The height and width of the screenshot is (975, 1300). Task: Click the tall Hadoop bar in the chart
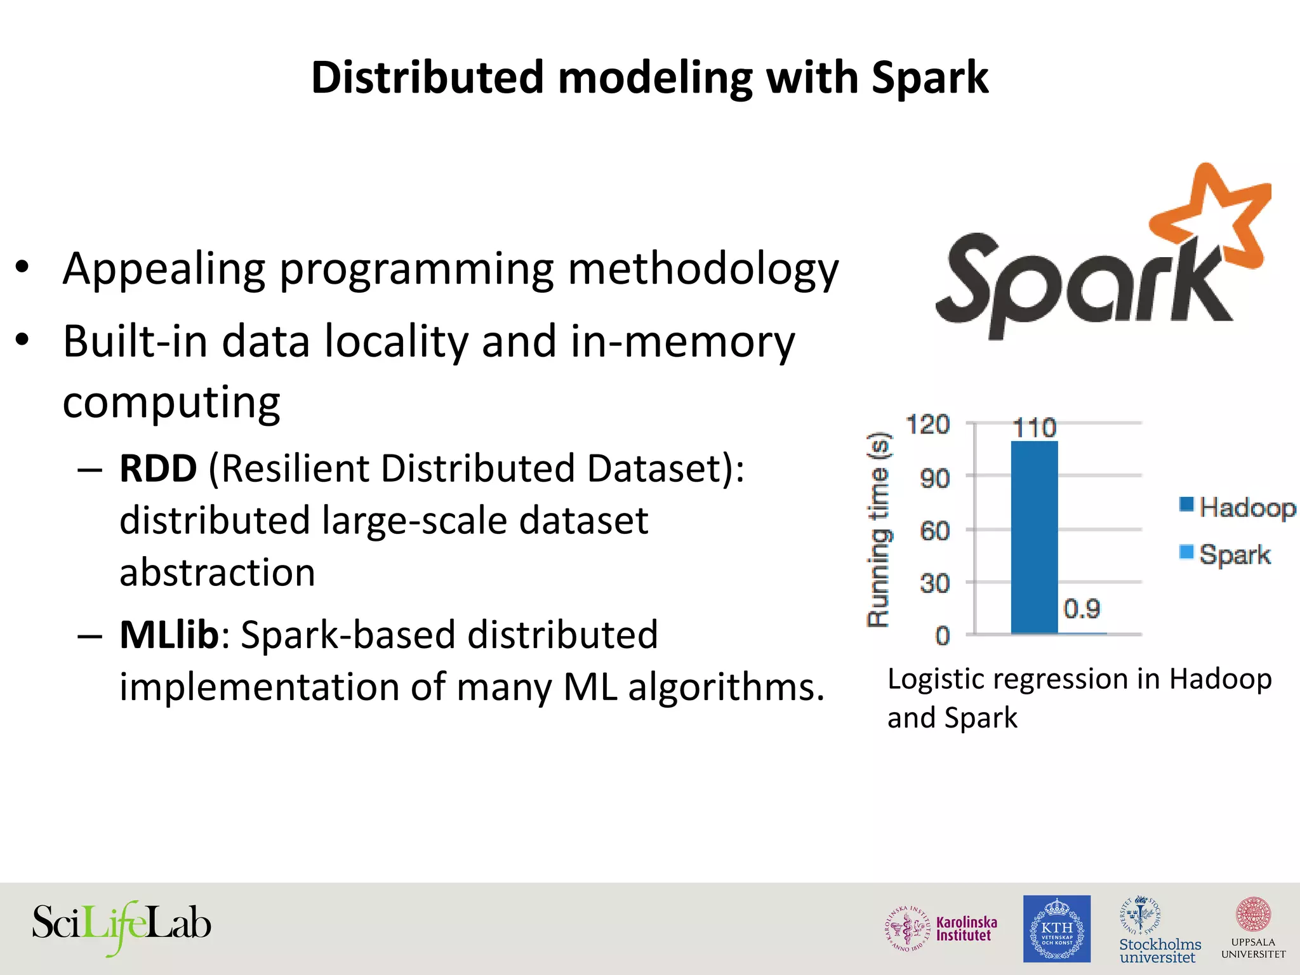point(1034,536)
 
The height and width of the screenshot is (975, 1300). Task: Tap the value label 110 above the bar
point(1034,427)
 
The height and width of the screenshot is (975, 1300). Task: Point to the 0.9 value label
point(1082,609)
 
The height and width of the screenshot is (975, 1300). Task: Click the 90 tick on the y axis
point(935,478)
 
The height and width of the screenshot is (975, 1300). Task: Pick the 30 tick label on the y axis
point(935,583)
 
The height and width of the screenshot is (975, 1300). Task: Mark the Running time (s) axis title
point(879,530)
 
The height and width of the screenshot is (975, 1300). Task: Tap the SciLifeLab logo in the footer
point(121,926)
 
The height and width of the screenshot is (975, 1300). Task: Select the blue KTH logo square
point(1056,928)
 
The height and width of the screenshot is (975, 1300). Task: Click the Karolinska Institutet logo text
point(966,928)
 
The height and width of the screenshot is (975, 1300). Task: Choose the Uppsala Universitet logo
point(1253,929)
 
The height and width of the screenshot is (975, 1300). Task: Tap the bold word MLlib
point(169,635)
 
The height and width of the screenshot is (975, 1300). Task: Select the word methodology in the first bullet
point(703,270)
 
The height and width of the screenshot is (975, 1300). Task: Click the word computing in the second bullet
point(171,402)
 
